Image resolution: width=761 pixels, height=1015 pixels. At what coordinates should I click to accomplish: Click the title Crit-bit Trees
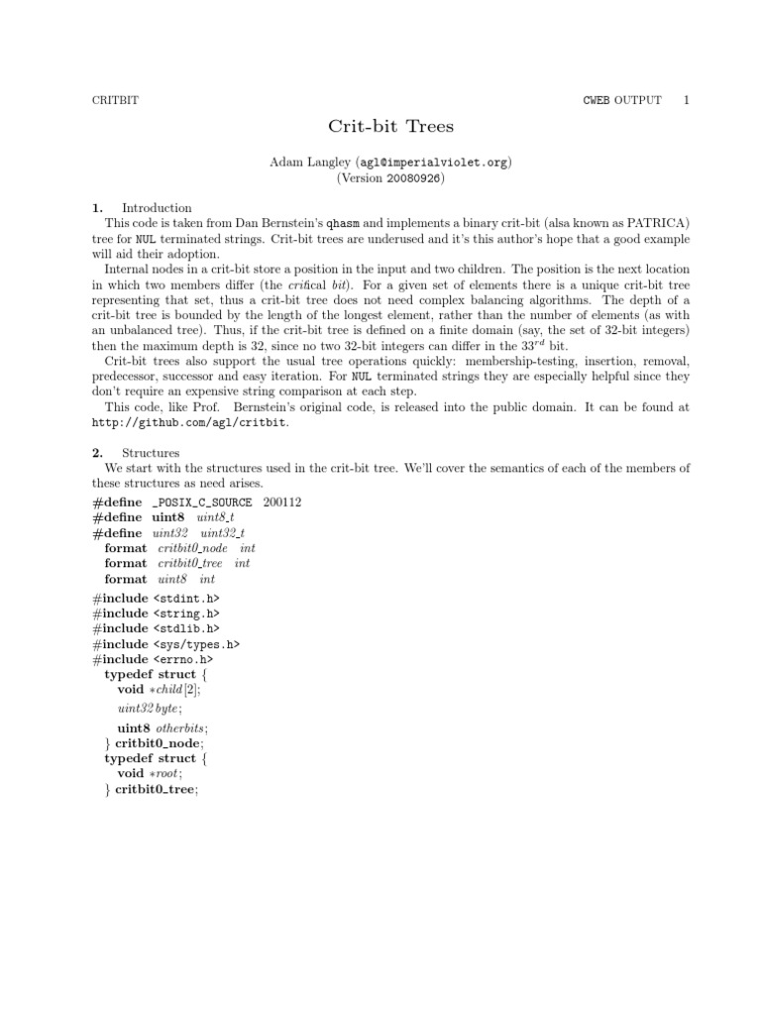pos(380,127)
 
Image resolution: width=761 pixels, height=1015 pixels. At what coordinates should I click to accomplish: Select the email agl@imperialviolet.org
pos(432,162)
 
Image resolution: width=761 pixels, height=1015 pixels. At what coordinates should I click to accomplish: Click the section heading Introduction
pos(157,208)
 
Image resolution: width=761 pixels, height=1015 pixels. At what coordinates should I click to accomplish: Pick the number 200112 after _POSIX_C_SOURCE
pos(282,503)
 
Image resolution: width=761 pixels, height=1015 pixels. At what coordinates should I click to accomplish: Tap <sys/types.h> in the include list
pos(196,643)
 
